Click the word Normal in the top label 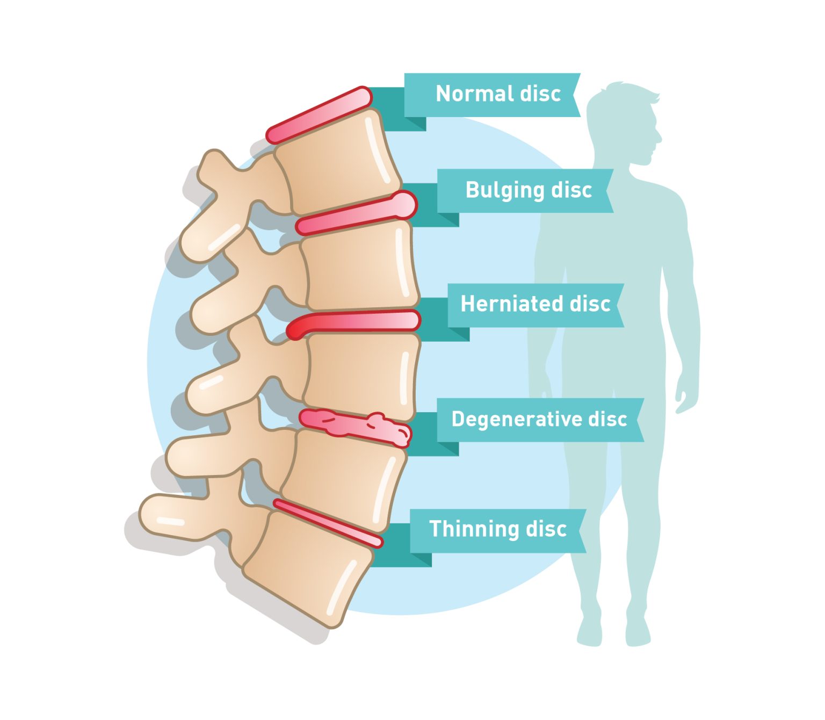pos(474,93)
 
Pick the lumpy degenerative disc pos(355,428)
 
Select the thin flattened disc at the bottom pos(328,523)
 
